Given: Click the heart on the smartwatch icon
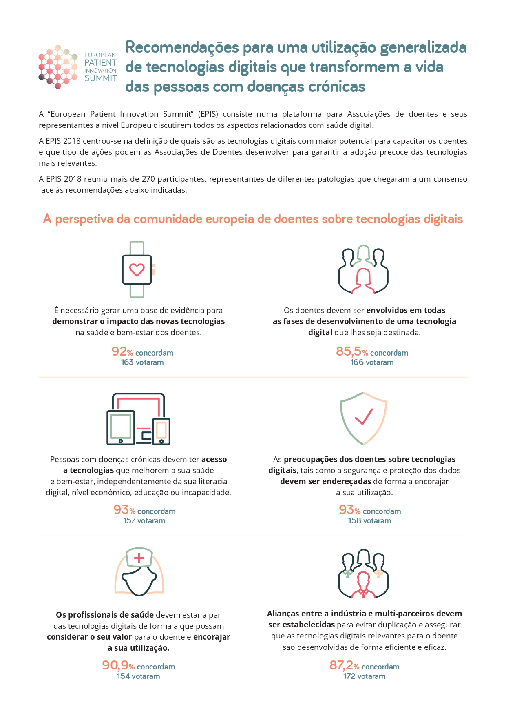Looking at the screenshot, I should [137, 270].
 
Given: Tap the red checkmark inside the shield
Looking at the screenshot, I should [364, 417].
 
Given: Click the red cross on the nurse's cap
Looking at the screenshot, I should [139, 558].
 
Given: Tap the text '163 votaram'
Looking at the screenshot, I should [142, 362].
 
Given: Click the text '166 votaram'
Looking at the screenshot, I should [372, 362].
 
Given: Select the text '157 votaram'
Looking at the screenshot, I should [144, 521].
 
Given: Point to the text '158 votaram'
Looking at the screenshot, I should [369, 521].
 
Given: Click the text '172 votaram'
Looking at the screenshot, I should [364, 676].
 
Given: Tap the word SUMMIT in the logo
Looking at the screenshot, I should [100, 78].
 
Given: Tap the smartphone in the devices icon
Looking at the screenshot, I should [161, 431].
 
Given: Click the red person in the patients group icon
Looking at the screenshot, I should [363, 280].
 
